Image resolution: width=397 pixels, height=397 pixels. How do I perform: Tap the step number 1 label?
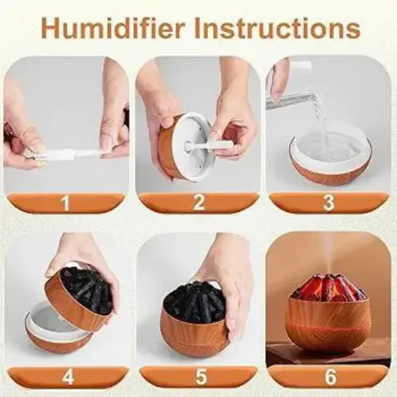[x=65, y=203]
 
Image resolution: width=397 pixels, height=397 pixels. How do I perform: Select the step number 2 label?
[x=198, y=202]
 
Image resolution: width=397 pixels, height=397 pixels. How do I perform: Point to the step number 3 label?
[x=329, y=202]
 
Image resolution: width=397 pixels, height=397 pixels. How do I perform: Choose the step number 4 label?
[x=67, y=376]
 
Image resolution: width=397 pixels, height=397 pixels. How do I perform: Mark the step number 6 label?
[x=330, y=376]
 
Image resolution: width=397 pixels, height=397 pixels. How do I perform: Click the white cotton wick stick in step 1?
[x=69, y=154]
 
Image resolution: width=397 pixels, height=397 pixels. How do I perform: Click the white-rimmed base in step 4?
[x=57, y=327]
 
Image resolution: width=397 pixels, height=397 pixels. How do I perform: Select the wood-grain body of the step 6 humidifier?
[x=328, y=323]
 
